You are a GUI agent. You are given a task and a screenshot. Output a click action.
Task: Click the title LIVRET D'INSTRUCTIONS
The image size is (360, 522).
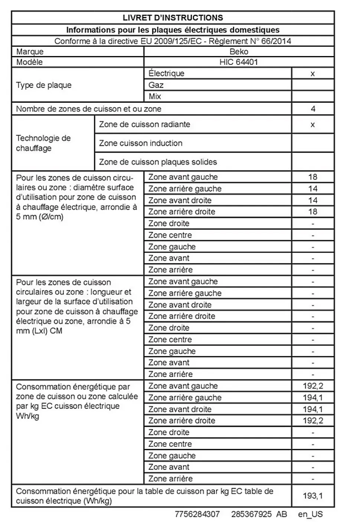tap(173, 18)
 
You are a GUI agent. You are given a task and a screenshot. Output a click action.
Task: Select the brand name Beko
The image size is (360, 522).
tap(239, 52)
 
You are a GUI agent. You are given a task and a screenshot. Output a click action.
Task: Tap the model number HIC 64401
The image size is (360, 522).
tap(239, 62)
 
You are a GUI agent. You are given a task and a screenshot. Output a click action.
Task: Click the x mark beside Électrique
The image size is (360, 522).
tap(312, 73)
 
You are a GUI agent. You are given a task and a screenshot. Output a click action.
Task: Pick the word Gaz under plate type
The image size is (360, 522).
tap(156, 85)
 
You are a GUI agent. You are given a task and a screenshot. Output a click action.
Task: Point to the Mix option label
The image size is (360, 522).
tap(155, 96)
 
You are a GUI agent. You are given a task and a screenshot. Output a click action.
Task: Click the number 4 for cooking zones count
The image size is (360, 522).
tap(313, 109)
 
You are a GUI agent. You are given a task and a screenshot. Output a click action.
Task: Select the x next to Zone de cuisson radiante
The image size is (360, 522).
tap(312, 125)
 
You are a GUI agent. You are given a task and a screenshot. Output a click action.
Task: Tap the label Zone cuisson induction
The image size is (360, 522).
tap(141, 143)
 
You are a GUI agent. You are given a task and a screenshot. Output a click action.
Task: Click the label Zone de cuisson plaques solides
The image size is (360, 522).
tap(158, 162)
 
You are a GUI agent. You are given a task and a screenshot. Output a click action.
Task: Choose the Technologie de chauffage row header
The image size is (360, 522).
tap(43, 143)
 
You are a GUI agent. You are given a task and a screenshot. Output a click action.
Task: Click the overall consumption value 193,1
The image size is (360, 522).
tap(312, 496)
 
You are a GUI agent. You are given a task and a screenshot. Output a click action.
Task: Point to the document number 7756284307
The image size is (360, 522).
tap(197, 514)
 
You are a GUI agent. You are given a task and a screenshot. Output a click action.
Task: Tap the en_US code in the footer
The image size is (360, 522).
tap(310, 514)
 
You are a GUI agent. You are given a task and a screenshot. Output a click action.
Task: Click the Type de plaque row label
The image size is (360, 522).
tap(44, 85)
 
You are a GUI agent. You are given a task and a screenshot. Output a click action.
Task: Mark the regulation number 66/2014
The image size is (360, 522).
tap(276, 41)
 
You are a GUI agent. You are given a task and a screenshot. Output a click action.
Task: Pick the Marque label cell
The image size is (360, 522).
tap(30, 52)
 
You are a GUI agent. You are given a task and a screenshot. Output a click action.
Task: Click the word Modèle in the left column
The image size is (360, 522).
tap(29, 62)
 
